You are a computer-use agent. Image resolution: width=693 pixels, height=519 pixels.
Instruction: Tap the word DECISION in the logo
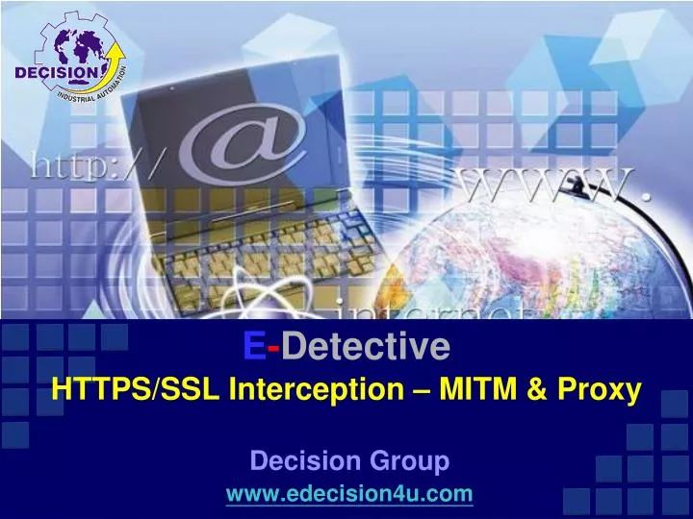(56, 74)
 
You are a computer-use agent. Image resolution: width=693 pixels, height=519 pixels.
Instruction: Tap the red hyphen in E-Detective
(273, 345)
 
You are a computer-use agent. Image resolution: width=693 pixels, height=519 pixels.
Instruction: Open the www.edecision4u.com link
(348, 494)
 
